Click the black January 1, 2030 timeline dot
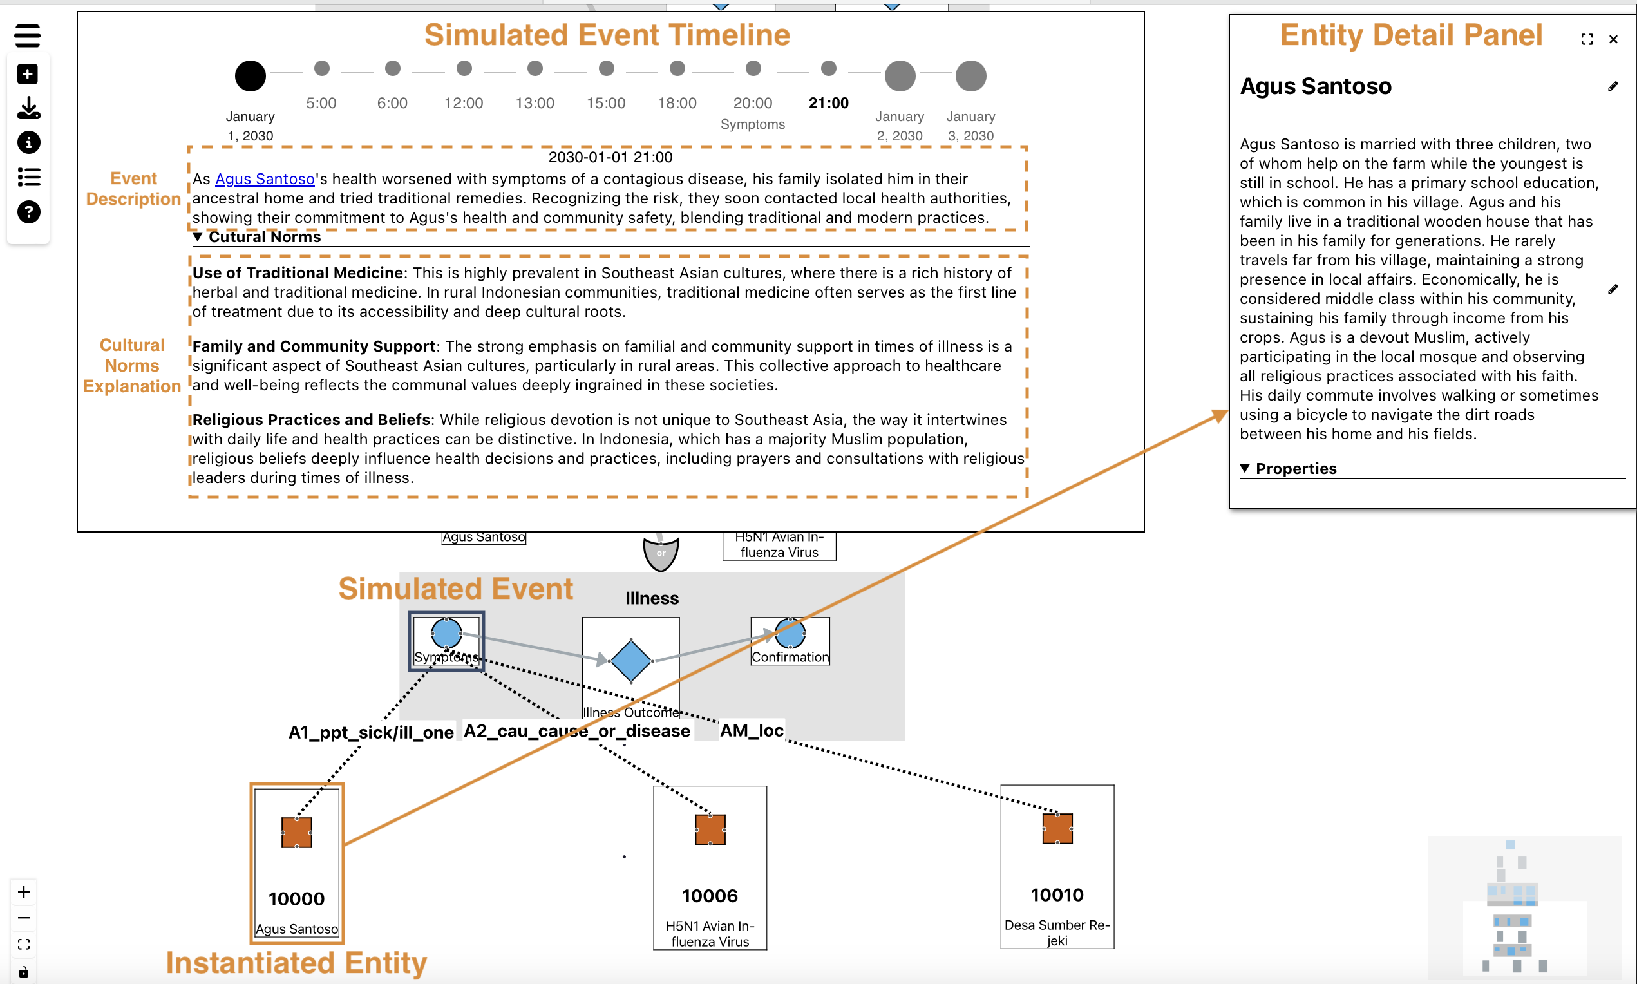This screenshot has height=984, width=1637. tap(250, 75)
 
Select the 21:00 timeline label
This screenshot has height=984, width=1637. tap(828, 103)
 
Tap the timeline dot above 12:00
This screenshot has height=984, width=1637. tap(464, 68)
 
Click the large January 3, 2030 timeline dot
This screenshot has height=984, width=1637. tap(970, 75)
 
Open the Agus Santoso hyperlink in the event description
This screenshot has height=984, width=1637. tap(265, 179)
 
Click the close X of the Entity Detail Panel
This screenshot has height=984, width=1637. tap(1613, 40)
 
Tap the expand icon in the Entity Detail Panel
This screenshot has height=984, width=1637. tap(1587, 40)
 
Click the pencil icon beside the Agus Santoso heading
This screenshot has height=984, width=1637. tap(1613, 87)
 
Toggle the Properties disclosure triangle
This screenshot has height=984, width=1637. tap(1244, 468)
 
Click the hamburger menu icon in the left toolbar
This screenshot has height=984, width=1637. tap(28, 36)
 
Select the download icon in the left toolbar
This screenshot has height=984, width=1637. tap(28, 108)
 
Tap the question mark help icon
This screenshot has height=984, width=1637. tap(28, 212)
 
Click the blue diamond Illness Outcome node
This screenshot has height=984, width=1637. tap(630, 661)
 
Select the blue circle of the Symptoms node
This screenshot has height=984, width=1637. tap(446, 632)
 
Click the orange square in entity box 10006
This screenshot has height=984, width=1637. tap(710, 829)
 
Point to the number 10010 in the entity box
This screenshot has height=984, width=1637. tap(1057, 895)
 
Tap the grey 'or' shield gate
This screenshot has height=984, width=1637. tap(660, 553)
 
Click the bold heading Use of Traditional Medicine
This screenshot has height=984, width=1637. tap(298, 273)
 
